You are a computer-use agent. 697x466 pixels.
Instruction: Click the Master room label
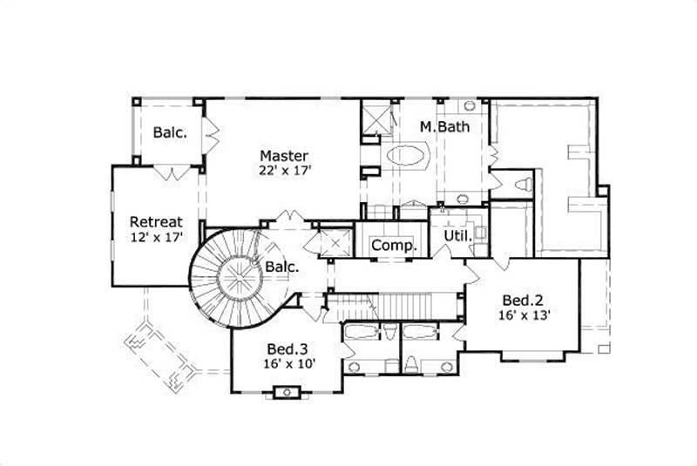click(283, 156)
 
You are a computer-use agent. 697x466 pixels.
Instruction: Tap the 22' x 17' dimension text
click(283, 171)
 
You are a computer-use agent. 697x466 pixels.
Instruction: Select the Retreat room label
click(156, 221)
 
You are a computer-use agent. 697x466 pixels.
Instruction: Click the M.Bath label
click(444, 127)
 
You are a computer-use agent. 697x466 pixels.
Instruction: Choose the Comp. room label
click(394, 246)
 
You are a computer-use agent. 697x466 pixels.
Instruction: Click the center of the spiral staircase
click(235, 280)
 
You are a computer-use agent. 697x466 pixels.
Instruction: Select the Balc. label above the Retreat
click(169, 133)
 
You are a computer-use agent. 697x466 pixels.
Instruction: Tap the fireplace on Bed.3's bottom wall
click(287, 393)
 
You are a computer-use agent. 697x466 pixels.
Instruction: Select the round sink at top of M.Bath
click(470, 106)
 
